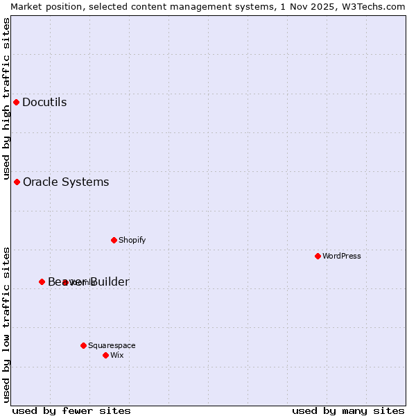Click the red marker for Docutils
click(x=17, y=103)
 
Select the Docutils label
click(x=44, y=103)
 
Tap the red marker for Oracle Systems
click(x=17, y=182)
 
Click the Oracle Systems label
click(x=66, y=182)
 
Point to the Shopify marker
click(x=114, y=241)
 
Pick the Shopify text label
click(x=132, y=241)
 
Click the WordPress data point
click(x=318, y=257)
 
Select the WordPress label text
click(x=341, y=257)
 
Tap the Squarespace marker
click(x=84, y=345)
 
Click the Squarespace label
click(x=112, y=345)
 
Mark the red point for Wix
click(x=106, y=356)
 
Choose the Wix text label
click(x=117, y=356)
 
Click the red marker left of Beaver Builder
click(x=42, y=282)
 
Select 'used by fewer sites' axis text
click(x=71, y=411)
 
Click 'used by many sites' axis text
click(x=348, y=411)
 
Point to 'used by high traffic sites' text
click(x=6, y=99)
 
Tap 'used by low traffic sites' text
click(x=6, y=324)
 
